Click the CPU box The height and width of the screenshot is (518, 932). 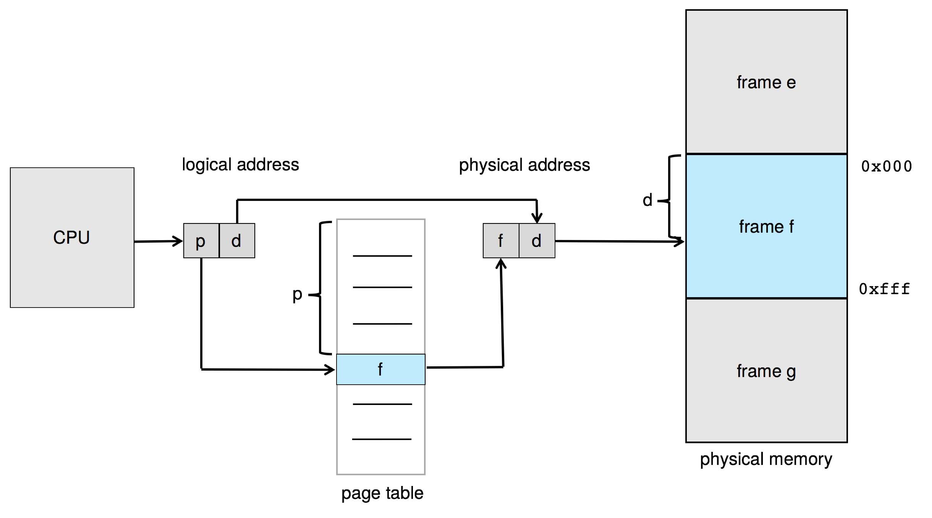click(72, 237)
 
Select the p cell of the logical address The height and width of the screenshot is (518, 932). click(201, 241)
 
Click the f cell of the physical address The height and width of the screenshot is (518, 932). click(501, 241)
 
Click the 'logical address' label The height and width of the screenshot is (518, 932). click(240, 165)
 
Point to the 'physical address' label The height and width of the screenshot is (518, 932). click(524, 165)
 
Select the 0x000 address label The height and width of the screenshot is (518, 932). click(886, 166)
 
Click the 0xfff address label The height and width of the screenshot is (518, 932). click(884, 289)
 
